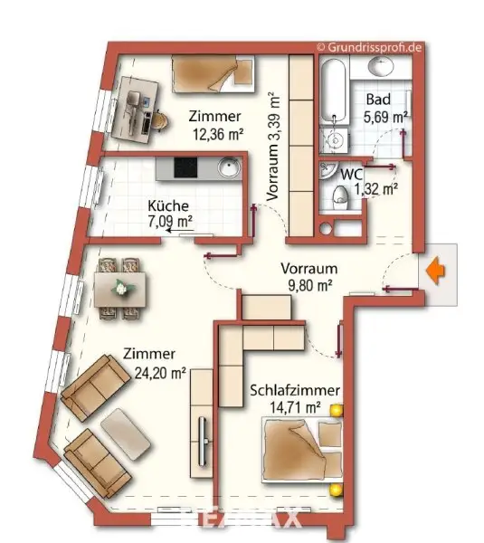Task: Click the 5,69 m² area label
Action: coord(385,117)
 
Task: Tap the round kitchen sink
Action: coord(227,168)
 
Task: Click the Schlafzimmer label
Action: coord(296,390)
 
